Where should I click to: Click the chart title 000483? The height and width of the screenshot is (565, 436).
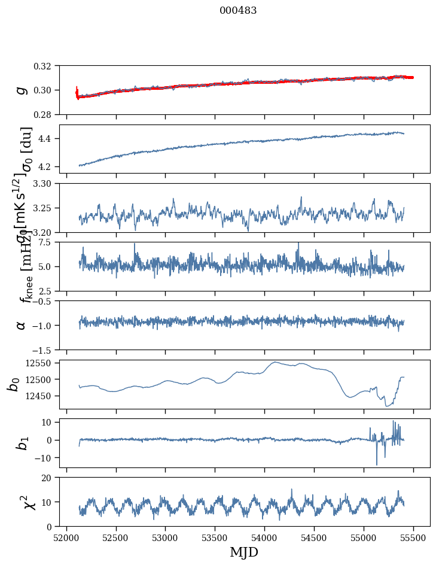[238, 11]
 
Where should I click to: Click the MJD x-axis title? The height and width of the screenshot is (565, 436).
[244, 552]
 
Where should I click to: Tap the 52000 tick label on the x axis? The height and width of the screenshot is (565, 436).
[66, 537]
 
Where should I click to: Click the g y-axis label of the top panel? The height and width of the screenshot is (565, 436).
[22, 90]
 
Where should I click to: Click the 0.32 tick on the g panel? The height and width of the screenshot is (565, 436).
[47, 66]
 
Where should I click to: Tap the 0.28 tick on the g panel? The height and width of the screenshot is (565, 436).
[47, 114]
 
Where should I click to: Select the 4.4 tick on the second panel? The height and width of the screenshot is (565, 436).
[49, 139]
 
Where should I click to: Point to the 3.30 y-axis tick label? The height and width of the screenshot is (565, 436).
[47, 184]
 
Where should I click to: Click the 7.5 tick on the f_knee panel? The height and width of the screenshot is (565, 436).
[49, 242]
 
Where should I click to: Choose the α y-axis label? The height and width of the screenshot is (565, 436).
[22, 325]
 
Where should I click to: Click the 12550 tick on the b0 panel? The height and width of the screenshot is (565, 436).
[42, 363]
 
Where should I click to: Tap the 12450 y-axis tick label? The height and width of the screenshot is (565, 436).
[42, 396]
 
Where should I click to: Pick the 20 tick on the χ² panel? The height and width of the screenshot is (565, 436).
[50, 478]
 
